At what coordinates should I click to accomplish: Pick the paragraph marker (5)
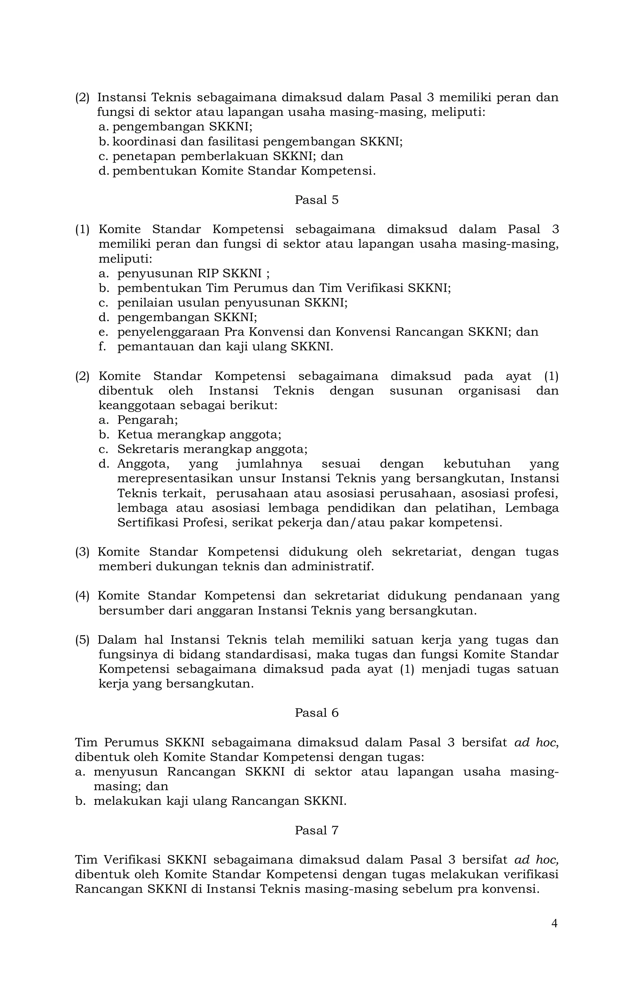[82, 640]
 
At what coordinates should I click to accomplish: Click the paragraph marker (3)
[82, 552]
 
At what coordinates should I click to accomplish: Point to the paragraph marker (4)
[82, 596]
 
